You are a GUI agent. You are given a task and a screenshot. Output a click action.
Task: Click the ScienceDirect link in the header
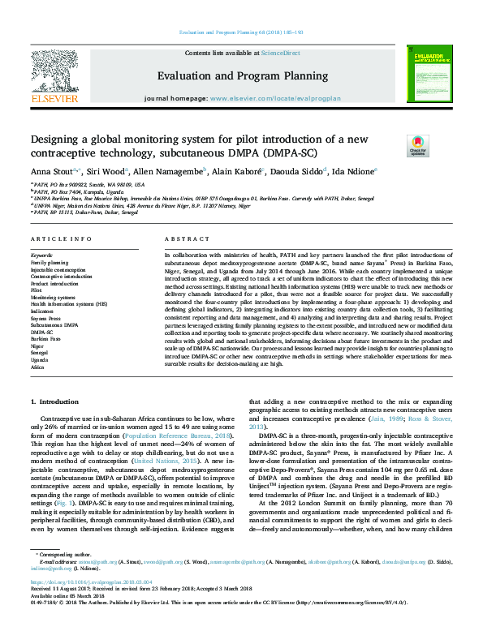pyautogui.click(x=280, y=52)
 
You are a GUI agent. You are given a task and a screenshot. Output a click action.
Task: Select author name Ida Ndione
pyautogui.click(x=354, y=171)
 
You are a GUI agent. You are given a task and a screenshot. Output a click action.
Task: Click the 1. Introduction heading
pyautogui.click(x=54, y=402)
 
